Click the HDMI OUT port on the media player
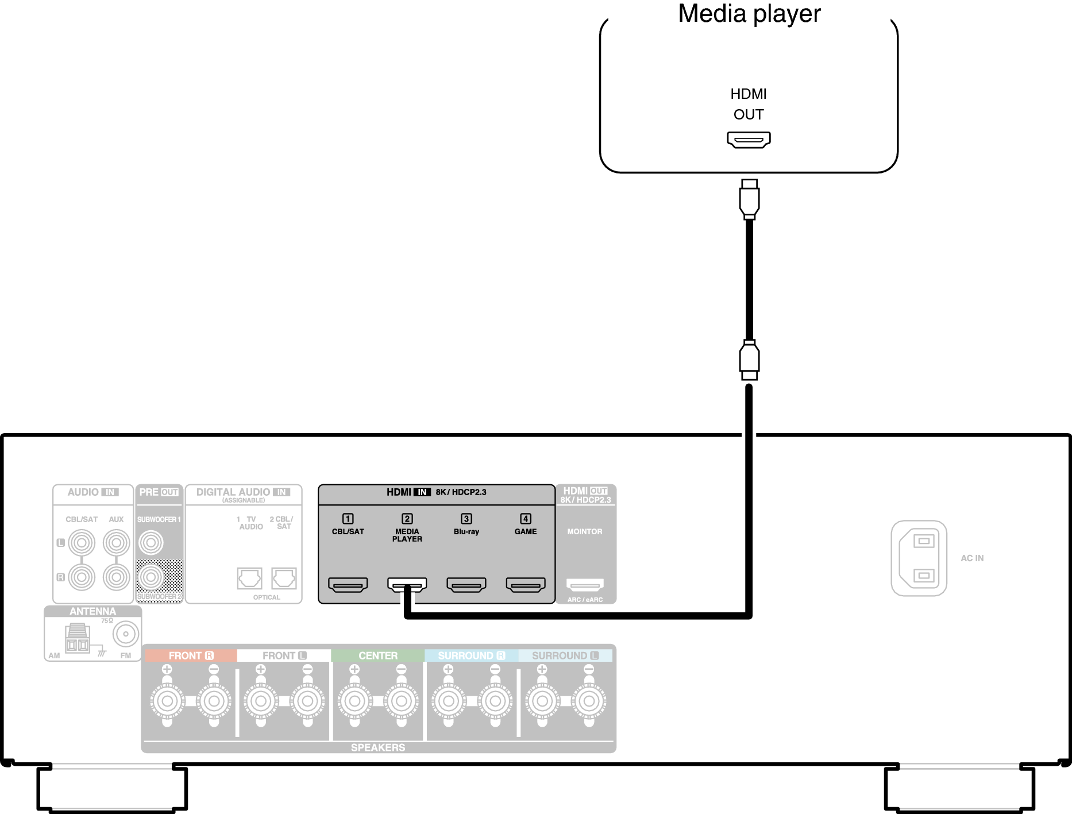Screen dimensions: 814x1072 [749, 140]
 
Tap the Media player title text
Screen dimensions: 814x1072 [749, 14]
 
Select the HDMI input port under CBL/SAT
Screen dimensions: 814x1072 [348, 585]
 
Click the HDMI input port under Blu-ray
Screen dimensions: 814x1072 [466, 585]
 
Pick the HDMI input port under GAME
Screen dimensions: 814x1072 [525, 585]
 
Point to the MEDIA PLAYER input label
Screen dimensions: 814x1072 [407, 535]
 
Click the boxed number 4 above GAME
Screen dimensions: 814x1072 [525, 519]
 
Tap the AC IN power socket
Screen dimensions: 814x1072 [919, 558]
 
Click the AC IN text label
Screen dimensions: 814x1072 [972, 558]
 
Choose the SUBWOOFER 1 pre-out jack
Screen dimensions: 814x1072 [151, 543]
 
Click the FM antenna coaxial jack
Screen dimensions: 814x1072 [126, 634]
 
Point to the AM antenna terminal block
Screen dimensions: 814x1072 [77, 639]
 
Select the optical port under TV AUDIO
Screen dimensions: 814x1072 [249, 578]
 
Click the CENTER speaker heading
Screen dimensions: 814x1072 [377, 655]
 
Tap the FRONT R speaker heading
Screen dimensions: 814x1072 [191, 655]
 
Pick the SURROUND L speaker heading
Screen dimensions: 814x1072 [565, 655]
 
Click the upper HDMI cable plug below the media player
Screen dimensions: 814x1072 [749, 199]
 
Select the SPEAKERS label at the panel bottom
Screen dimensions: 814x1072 [377, 747]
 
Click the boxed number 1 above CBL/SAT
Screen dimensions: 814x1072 [348, 519]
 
